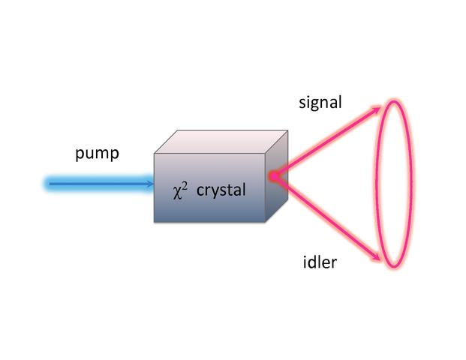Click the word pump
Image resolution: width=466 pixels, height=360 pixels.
[97, 154]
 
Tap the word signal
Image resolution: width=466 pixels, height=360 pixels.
[320, 102]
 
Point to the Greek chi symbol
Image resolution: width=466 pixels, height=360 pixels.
[177, 192]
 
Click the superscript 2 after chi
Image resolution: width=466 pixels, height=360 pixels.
[185, 185]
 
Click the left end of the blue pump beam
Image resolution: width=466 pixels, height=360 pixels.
[47, 182]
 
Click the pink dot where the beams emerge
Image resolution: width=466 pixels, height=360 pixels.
[274, 177]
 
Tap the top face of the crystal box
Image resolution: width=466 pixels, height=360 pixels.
[222, 141]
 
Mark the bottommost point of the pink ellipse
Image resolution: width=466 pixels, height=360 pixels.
[396, 268]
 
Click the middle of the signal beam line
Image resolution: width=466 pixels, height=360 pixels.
[326, 142]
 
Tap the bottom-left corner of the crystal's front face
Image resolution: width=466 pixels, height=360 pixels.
[154, 223]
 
